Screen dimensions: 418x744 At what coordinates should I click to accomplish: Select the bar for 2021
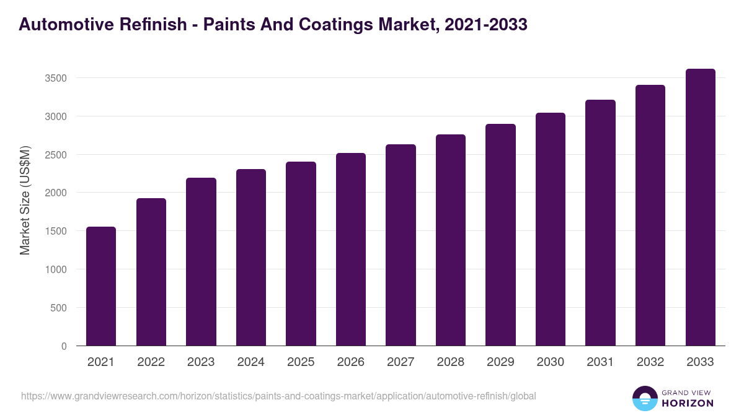click(101, 286)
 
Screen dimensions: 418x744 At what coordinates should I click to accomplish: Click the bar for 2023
click(201, 261)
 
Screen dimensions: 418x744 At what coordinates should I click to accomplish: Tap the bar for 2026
click(351, 249)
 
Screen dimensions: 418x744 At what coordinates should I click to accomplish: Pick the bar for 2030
click(551, 229)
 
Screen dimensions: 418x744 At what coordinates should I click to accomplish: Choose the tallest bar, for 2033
click(701, 207)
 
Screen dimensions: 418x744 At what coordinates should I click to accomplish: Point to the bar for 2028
click(451, 240)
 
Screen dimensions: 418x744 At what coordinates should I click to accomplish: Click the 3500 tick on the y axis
click(56, 79)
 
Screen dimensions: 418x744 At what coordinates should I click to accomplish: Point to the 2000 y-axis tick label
click(56, 193)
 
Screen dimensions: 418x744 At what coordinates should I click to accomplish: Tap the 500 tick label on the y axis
click(59, 308)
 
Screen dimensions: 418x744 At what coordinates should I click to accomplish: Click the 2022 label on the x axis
click(151, 362)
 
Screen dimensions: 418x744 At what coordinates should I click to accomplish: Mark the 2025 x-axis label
click(301, 362)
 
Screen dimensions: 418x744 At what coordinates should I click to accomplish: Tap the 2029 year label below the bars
click(501, 362)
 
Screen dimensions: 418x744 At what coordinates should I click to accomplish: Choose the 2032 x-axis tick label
click(650, 362)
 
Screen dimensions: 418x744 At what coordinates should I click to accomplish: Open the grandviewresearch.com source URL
click(278, 396)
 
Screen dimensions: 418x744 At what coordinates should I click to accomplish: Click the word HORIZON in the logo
click(688, 403)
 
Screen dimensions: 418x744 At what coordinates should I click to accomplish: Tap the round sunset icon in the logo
click(644, 398)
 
